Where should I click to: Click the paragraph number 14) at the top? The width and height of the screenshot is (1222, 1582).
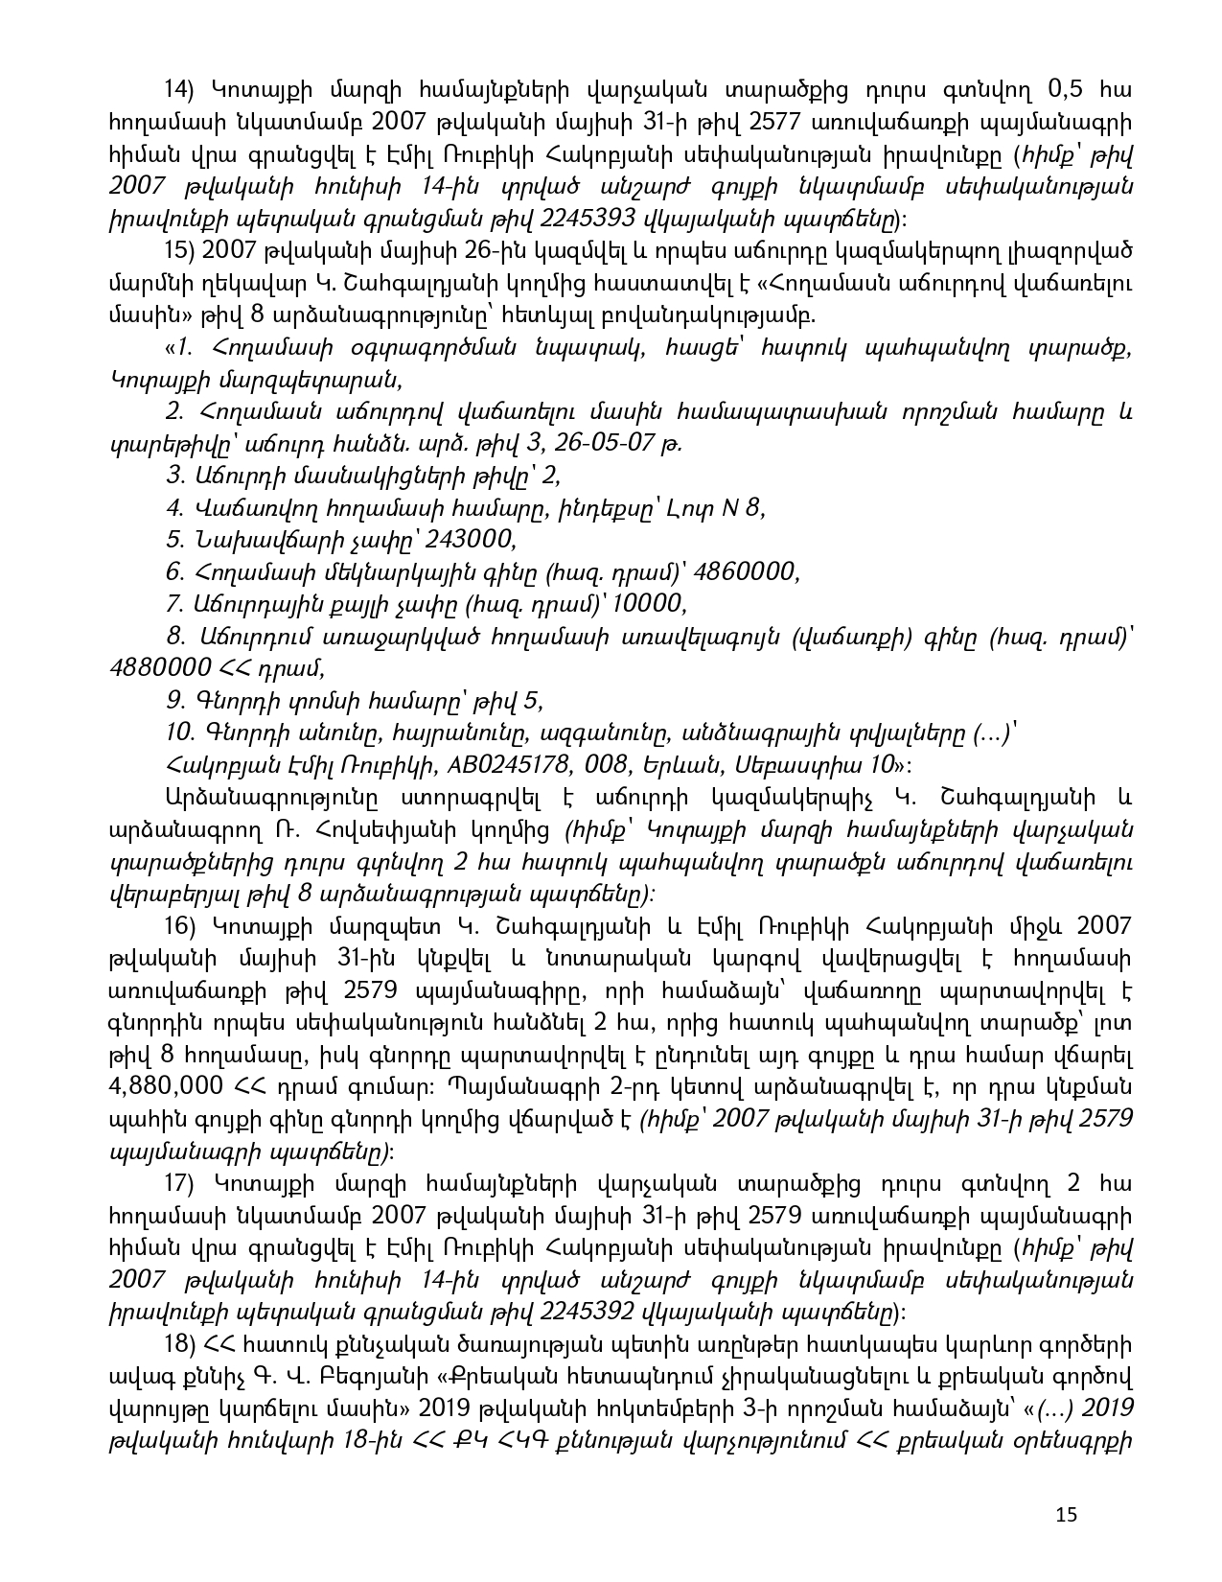[x=179, y=90]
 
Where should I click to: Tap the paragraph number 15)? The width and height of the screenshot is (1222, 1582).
[x=179, y=251]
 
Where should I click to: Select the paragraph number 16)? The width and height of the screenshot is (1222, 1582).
[x=179, y=925]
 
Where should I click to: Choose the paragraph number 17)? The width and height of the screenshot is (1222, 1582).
[x=179, y=1183]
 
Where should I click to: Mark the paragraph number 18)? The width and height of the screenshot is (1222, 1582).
[x=179, y=1344]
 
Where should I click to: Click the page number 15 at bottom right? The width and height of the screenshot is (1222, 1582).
[x=1066, y=1515]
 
